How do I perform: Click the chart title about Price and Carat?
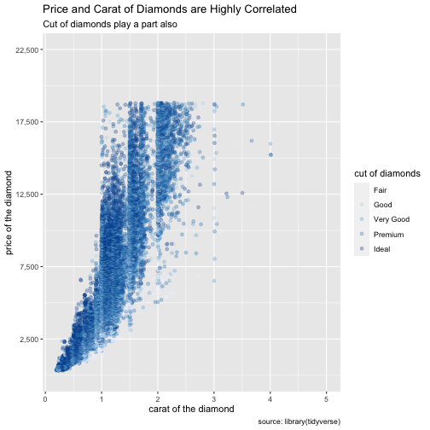(x=170, y=9)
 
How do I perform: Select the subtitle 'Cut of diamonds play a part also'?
(x=110, y=24)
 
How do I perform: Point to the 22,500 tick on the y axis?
(x=26, y=50)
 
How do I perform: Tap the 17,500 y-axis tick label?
(x=26, y=122)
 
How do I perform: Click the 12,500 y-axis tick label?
(x=26, y=195)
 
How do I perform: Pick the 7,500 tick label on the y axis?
(x=29, y=267)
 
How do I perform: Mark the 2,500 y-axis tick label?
(x=29, y=340)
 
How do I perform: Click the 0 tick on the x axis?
(x=45, y=399)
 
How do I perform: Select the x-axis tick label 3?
(x=214, y=399)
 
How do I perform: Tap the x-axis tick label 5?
(x=326, y=399)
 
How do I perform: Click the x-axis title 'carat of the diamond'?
(x=191, y=409)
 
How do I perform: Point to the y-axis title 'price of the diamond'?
(x=9, y=212)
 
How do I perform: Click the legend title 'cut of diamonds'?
(x=387, y=173)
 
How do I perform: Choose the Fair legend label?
(x=380, y=190)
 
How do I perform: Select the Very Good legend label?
(x=392, y=219)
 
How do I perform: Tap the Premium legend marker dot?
(x=362, y=234)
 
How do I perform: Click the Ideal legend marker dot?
(x=362, y=248)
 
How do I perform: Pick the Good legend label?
(x=383, y=205)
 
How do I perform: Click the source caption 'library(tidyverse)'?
(x=312, y=421)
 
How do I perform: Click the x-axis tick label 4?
(x=270, y=399)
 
